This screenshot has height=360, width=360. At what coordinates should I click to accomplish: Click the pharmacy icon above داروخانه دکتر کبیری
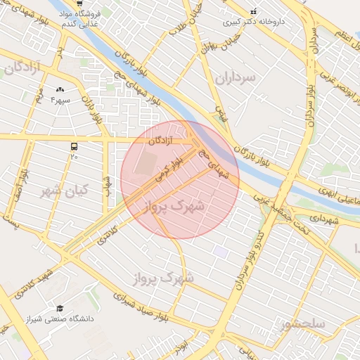click(x=254, y=11)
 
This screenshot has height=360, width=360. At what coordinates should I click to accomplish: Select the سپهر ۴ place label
click(x=60, y=100)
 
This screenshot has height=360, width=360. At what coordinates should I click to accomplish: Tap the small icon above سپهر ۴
click(x=60, y=89)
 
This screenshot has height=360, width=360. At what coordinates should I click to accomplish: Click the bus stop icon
click(x=74, y=146)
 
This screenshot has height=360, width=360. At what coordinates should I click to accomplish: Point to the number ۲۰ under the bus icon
click(x=74, y=157)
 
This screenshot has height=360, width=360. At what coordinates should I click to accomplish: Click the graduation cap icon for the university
click(x=60, y=308)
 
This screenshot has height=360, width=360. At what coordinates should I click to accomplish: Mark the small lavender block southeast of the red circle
click(x=221, y=251)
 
